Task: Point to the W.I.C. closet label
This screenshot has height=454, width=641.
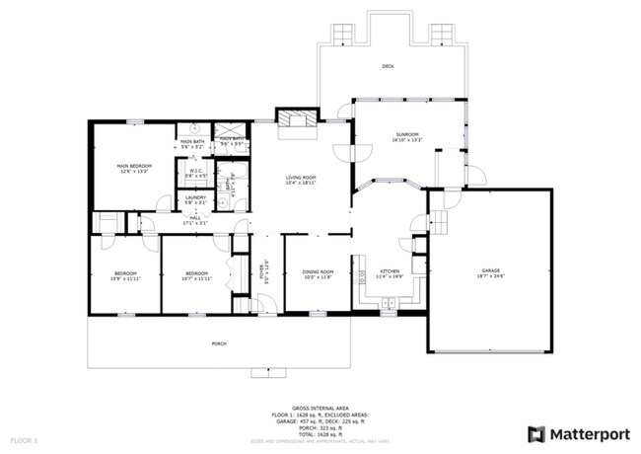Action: point(195,174)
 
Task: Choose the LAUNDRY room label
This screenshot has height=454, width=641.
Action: point(195,197)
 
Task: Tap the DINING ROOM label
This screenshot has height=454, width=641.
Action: point(318,272)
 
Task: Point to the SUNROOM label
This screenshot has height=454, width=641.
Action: point(407,135)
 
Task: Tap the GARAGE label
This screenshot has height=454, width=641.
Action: point(491,271)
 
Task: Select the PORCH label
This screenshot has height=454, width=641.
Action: point(218,343)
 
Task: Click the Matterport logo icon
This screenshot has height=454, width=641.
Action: point(536,433)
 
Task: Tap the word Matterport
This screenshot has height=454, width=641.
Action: point(589,433)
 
